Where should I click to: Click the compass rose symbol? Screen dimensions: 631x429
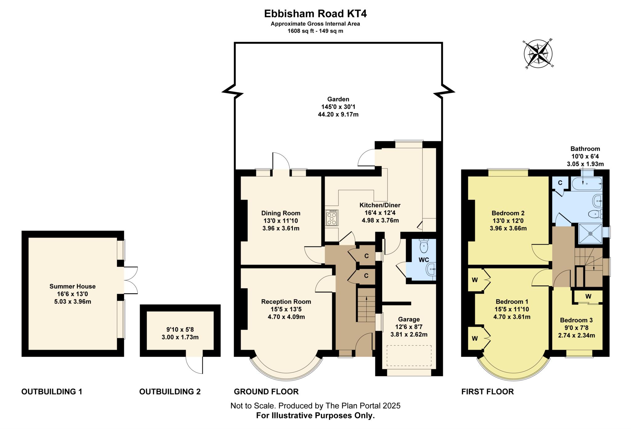538,54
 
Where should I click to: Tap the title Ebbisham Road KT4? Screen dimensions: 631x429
315,14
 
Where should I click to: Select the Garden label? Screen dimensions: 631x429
338,99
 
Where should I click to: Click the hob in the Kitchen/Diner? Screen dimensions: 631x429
332,218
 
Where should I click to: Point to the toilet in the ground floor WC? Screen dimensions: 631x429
424,245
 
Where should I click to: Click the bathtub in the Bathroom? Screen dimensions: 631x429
587,184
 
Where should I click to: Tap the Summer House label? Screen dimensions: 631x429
72,286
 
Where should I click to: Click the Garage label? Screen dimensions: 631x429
409,319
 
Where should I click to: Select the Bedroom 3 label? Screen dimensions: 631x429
576,320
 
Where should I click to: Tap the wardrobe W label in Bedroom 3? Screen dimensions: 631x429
588,296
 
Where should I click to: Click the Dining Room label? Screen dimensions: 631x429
281,213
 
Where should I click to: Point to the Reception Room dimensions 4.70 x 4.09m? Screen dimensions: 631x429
286,317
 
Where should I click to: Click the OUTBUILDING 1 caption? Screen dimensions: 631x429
52,391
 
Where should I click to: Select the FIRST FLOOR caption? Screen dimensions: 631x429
487,391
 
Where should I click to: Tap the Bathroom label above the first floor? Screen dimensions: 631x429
585,149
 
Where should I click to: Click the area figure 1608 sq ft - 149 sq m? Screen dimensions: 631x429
315,31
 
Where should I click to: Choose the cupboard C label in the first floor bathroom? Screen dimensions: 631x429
560,183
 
